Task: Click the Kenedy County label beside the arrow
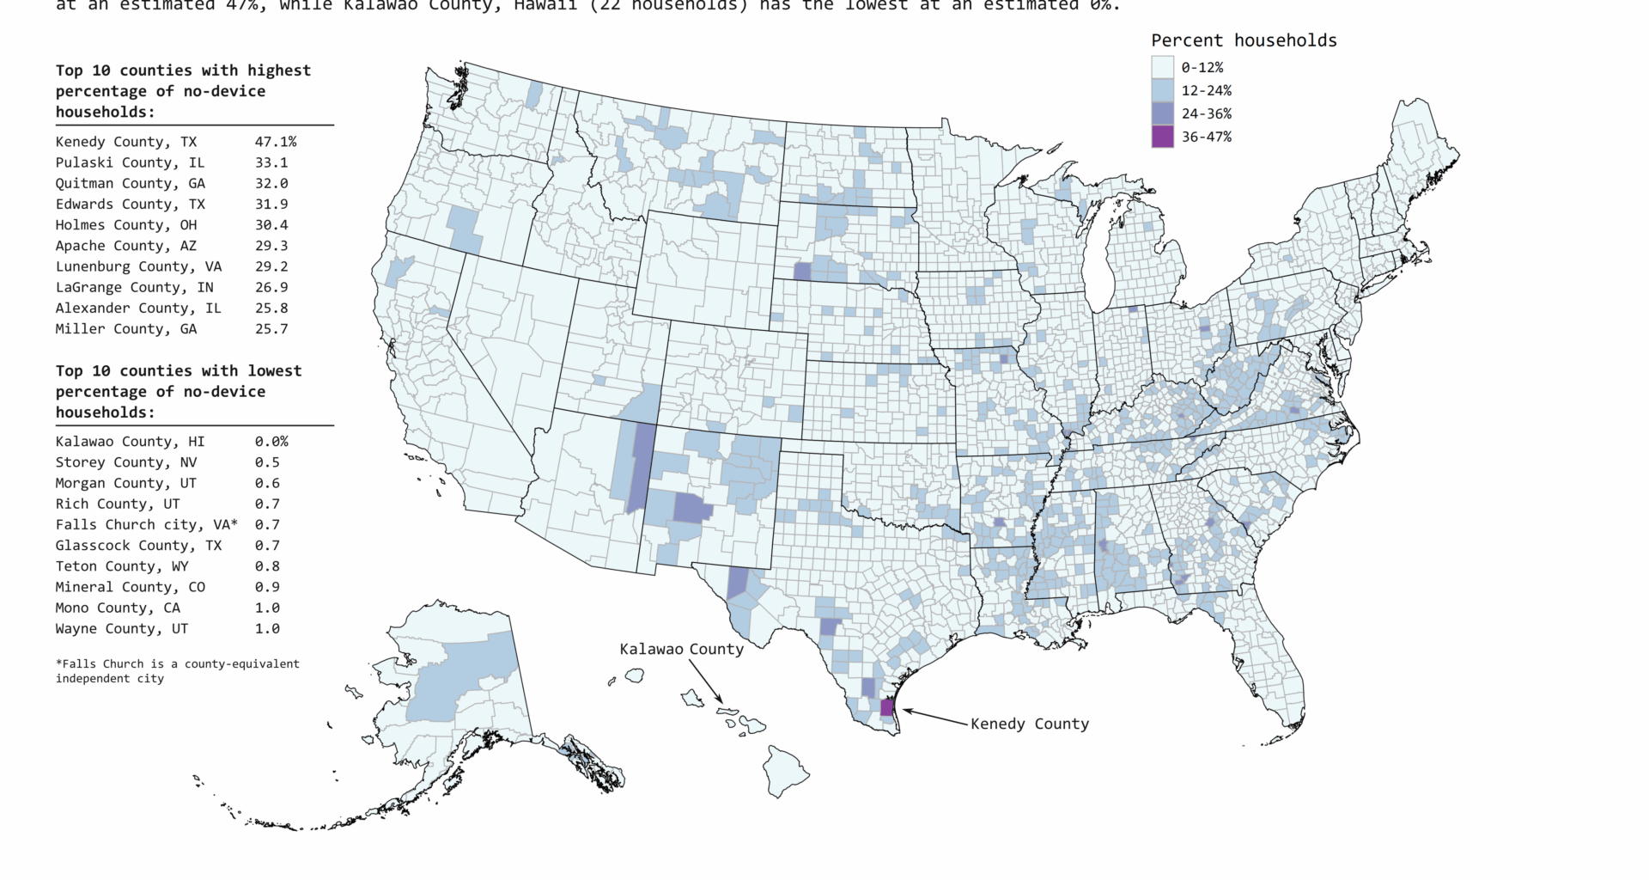(1029, 724)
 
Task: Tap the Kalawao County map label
(681, 649)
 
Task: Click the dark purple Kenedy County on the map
(887, 708)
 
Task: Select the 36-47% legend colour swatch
(1162, 137)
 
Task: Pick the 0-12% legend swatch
(1162, 67)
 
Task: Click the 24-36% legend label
(1206, 113)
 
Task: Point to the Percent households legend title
(1244, 40)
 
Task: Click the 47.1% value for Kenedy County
(275, 142)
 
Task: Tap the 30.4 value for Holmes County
(271, 225)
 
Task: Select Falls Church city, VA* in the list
(146, 525)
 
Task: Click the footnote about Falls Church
(177, 670)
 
